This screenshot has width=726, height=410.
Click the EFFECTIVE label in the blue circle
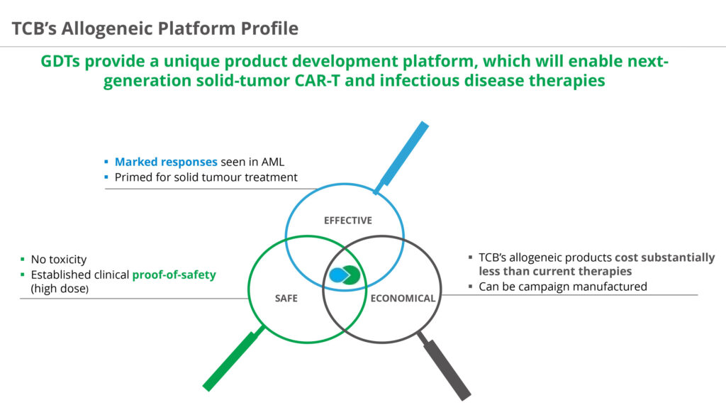tap(347, 221)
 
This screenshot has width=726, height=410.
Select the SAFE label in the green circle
tap(286, 299)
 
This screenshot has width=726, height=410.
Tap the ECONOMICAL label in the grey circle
tap(403, 299)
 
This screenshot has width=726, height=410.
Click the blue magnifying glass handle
tap(402, 157)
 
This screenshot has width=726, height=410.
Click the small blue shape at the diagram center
tap(338, 275)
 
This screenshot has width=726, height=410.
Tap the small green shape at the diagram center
tap(352, 275)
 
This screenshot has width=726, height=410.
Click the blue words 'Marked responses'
tap(166, 162)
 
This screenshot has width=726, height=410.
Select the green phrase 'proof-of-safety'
tap(174, 275)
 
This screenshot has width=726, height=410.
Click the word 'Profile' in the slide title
tap(269, 28)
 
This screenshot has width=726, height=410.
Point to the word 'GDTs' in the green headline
tap(60, 61)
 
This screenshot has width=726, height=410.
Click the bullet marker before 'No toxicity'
tap(23, 260)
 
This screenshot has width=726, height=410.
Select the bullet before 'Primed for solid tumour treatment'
tap(106, 177)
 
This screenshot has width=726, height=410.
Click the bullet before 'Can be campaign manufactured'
tap(471, 287)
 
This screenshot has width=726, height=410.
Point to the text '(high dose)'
tap(60, 289)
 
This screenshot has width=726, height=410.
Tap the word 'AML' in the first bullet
tap(273, 162)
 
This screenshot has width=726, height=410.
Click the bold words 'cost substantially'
tap(665, 257)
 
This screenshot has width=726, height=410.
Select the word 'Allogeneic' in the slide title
tap(108, 28)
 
